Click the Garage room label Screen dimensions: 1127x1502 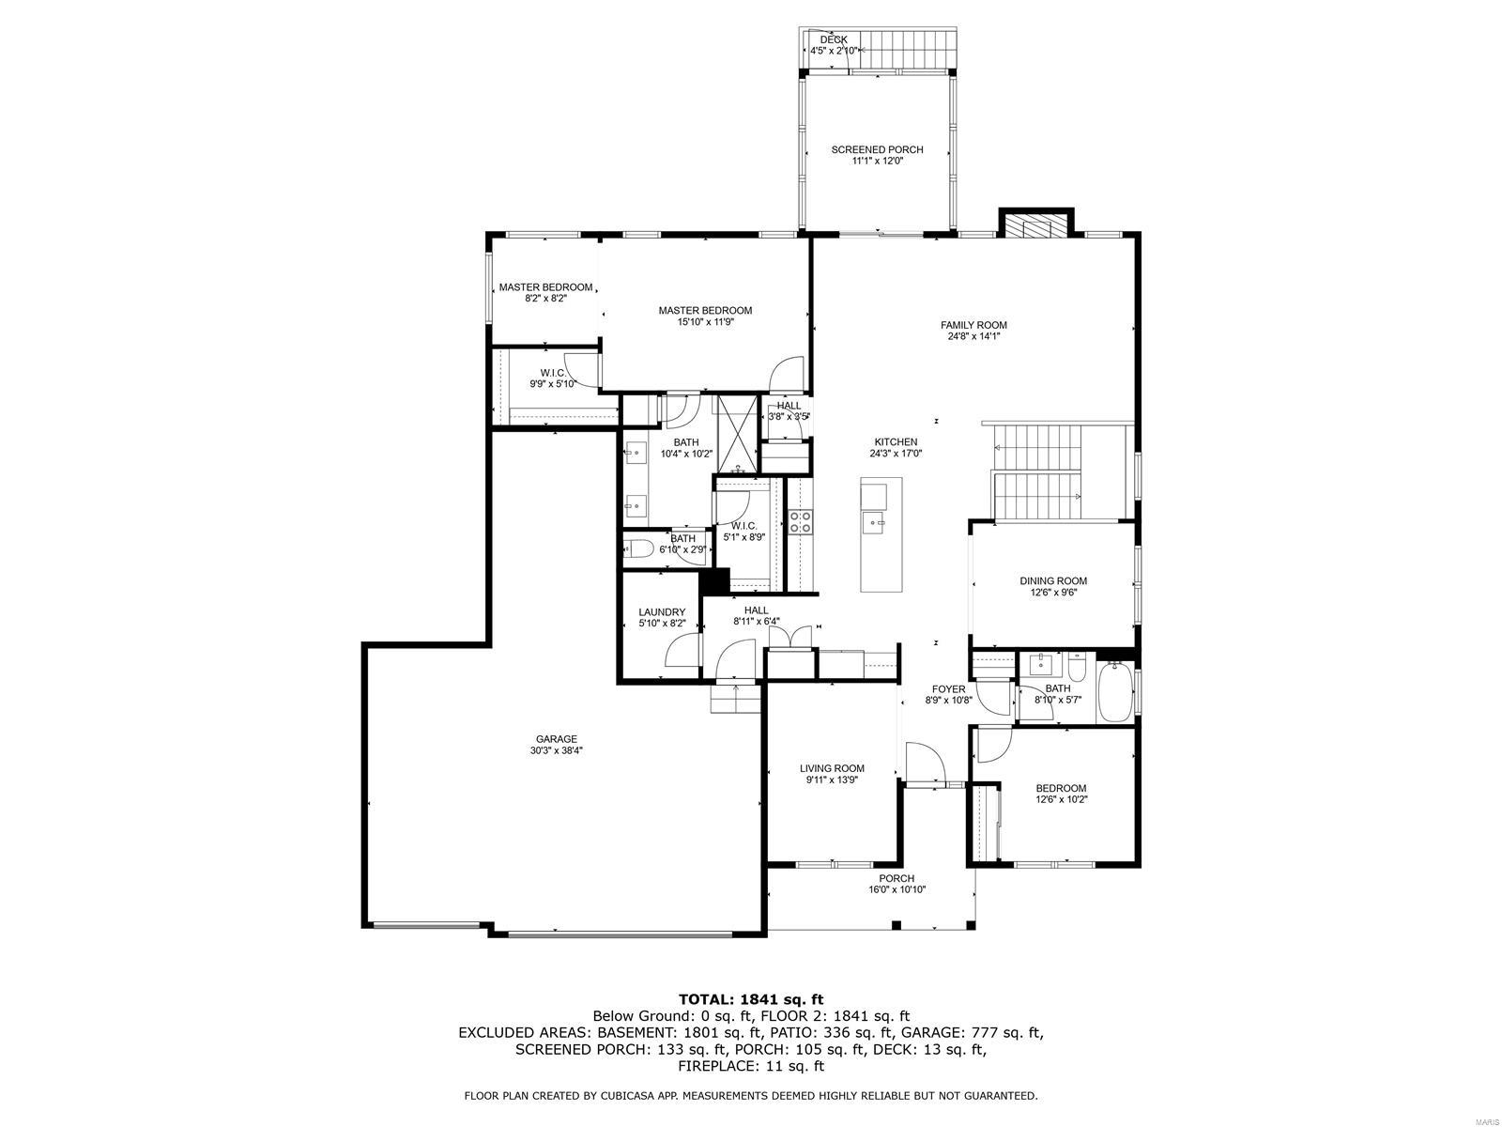[x=556, y=739]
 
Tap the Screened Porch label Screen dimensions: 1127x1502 [x=877, y=149]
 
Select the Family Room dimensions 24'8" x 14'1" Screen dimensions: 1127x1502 [x=973, y=336]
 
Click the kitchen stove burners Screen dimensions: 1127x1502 [x=800, y=522]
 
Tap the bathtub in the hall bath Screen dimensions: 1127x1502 [x=1114, y=693]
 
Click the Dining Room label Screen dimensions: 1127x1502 [x=1053, y=581]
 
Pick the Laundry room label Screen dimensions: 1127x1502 [x=662, y=612]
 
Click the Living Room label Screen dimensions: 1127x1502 [x=832, y=768]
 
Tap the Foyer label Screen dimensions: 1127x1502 [x=948, y=689]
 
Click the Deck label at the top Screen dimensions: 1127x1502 [x=834, y=39]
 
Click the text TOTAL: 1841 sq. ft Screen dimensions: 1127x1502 [x=750, y=999]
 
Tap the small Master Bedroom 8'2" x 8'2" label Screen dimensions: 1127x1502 [x=545, y=287]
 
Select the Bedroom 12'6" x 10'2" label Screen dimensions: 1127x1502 [x=1061, y=789]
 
